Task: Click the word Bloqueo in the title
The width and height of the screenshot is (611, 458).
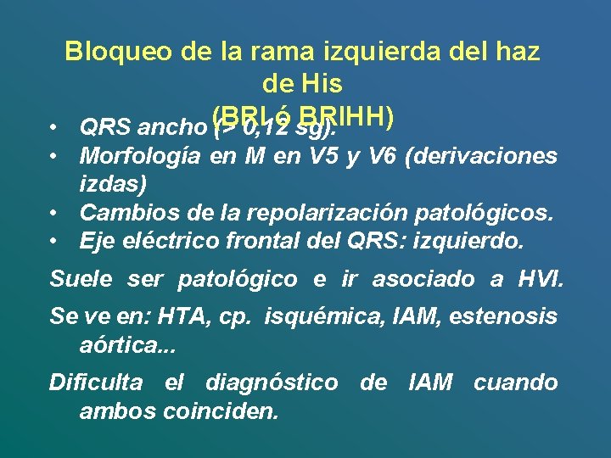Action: coord(119,53)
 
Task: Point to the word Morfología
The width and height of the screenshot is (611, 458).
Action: coord(140,157)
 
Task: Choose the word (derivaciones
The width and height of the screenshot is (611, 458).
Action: coord(483,157)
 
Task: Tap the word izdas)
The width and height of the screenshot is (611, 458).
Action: coord(112,183)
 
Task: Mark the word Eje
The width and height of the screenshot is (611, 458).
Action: coord(98,241)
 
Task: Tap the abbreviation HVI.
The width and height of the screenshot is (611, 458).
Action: coord(539,279)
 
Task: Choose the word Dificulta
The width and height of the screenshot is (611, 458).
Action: coord(95,383)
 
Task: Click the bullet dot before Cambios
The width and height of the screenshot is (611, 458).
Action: coord(53,212)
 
